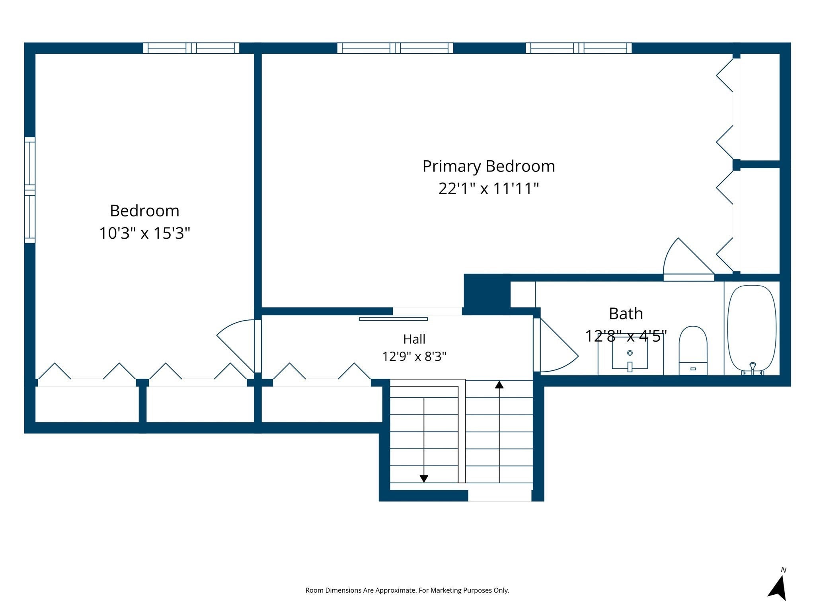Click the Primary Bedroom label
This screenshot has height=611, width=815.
point(489,166)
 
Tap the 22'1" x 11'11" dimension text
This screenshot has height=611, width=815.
point(489,189)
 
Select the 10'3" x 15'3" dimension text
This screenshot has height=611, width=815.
point(144,233)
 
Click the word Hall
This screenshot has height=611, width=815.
point(414,339)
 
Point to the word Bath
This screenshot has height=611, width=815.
point(626,313)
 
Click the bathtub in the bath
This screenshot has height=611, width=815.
point(752,329)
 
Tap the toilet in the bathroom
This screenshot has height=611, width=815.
point(693,350)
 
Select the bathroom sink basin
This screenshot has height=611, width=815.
point(630,354)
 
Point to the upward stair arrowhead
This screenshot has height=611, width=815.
point(499,385)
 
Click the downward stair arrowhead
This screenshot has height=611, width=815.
point(424,479)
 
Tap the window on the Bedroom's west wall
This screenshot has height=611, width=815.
point(30,190)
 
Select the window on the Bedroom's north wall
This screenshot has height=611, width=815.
point(191,48)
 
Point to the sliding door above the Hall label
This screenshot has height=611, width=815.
point(393,319)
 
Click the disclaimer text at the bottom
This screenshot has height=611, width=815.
point(407,590)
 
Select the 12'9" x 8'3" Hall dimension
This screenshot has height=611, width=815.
point(414,356)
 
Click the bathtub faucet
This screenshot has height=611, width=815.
point(753,368)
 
